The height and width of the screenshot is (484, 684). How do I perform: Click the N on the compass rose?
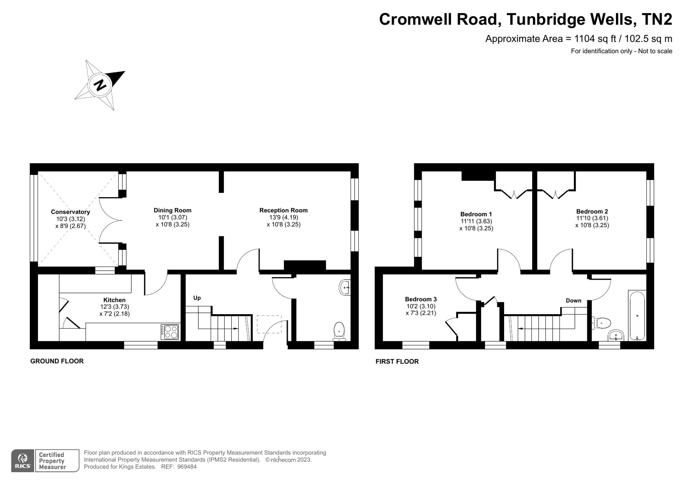coord(100,85)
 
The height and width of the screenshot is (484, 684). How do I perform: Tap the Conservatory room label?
coord(70,212)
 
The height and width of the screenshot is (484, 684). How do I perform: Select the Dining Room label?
coord(172,210)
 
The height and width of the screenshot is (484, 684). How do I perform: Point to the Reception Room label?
coord(283,210)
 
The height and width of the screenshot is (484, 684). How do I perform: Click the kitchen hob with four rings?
coord(170,331)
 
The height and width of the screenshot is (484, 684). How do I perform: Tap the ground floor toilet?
coord(339,331)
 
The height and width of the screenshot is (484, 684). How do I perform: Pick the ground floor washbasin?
coord(344,287)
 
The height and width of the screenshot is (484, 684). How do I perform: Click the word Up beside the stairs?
coord(197,298)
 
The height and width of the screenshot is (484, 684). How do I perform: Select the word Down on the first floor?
coord(574,301)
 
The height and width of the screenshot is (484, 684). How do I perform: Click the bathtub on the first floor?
coord(637,316)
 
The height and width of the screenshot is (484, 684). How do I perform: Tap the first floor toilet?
coord(602,322)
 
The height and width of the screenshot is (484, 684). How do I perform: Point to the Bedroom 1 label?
coord(476,214)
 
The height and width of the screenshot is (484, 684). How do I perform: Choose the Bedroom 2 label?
coord(592,211)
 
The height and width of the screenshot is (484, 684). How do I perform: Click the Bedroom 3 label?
coord(421,299)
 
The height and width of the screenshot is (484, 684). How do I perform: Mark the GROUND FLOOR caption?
coord(57,361)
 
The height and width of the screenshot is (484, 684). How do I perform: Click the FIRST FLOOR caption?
coord(397,361)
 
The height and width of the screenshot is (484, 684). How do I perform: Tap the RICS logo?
coord(23,461)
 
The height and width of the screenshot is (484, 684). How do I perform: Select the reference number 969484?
coord(187,467)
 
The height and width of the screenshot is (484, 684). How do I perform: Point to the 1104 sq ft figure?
coord(595,39)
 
